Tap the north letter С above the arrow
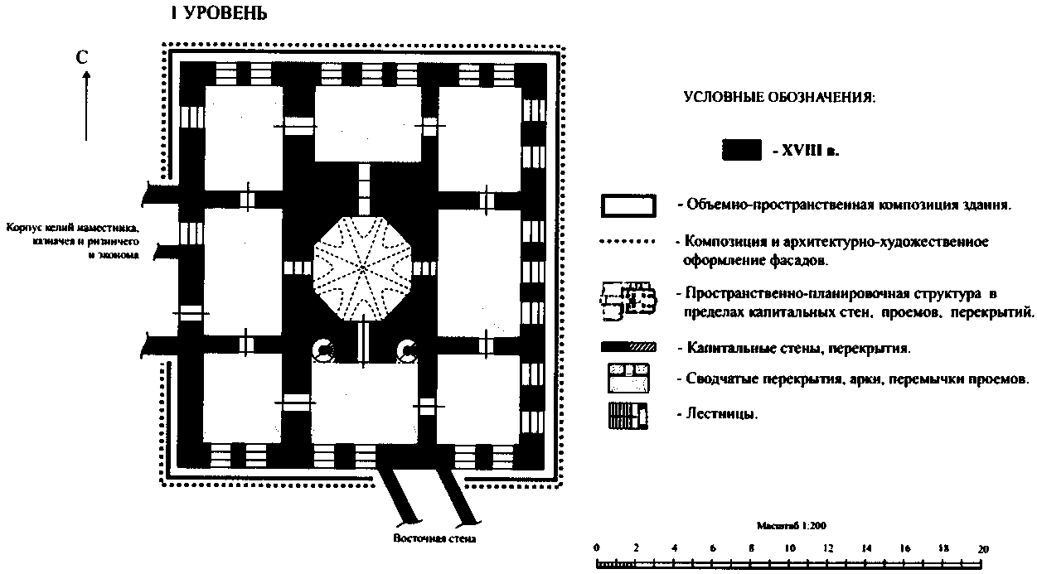pos(82,57)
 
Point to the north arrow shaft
pos(85,108)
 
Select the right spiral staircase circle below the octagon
pos(406,351)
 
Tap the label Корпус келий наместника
pos(72,228)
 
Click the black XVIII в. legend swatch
pos(741,150)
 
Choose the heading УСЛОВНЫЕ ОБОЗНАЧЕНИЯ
pos(778,98)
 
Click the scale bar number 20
pos(983,548)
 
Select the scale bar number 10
pos(790,548)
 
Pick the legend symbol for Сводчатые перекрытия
pos(628,379)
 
